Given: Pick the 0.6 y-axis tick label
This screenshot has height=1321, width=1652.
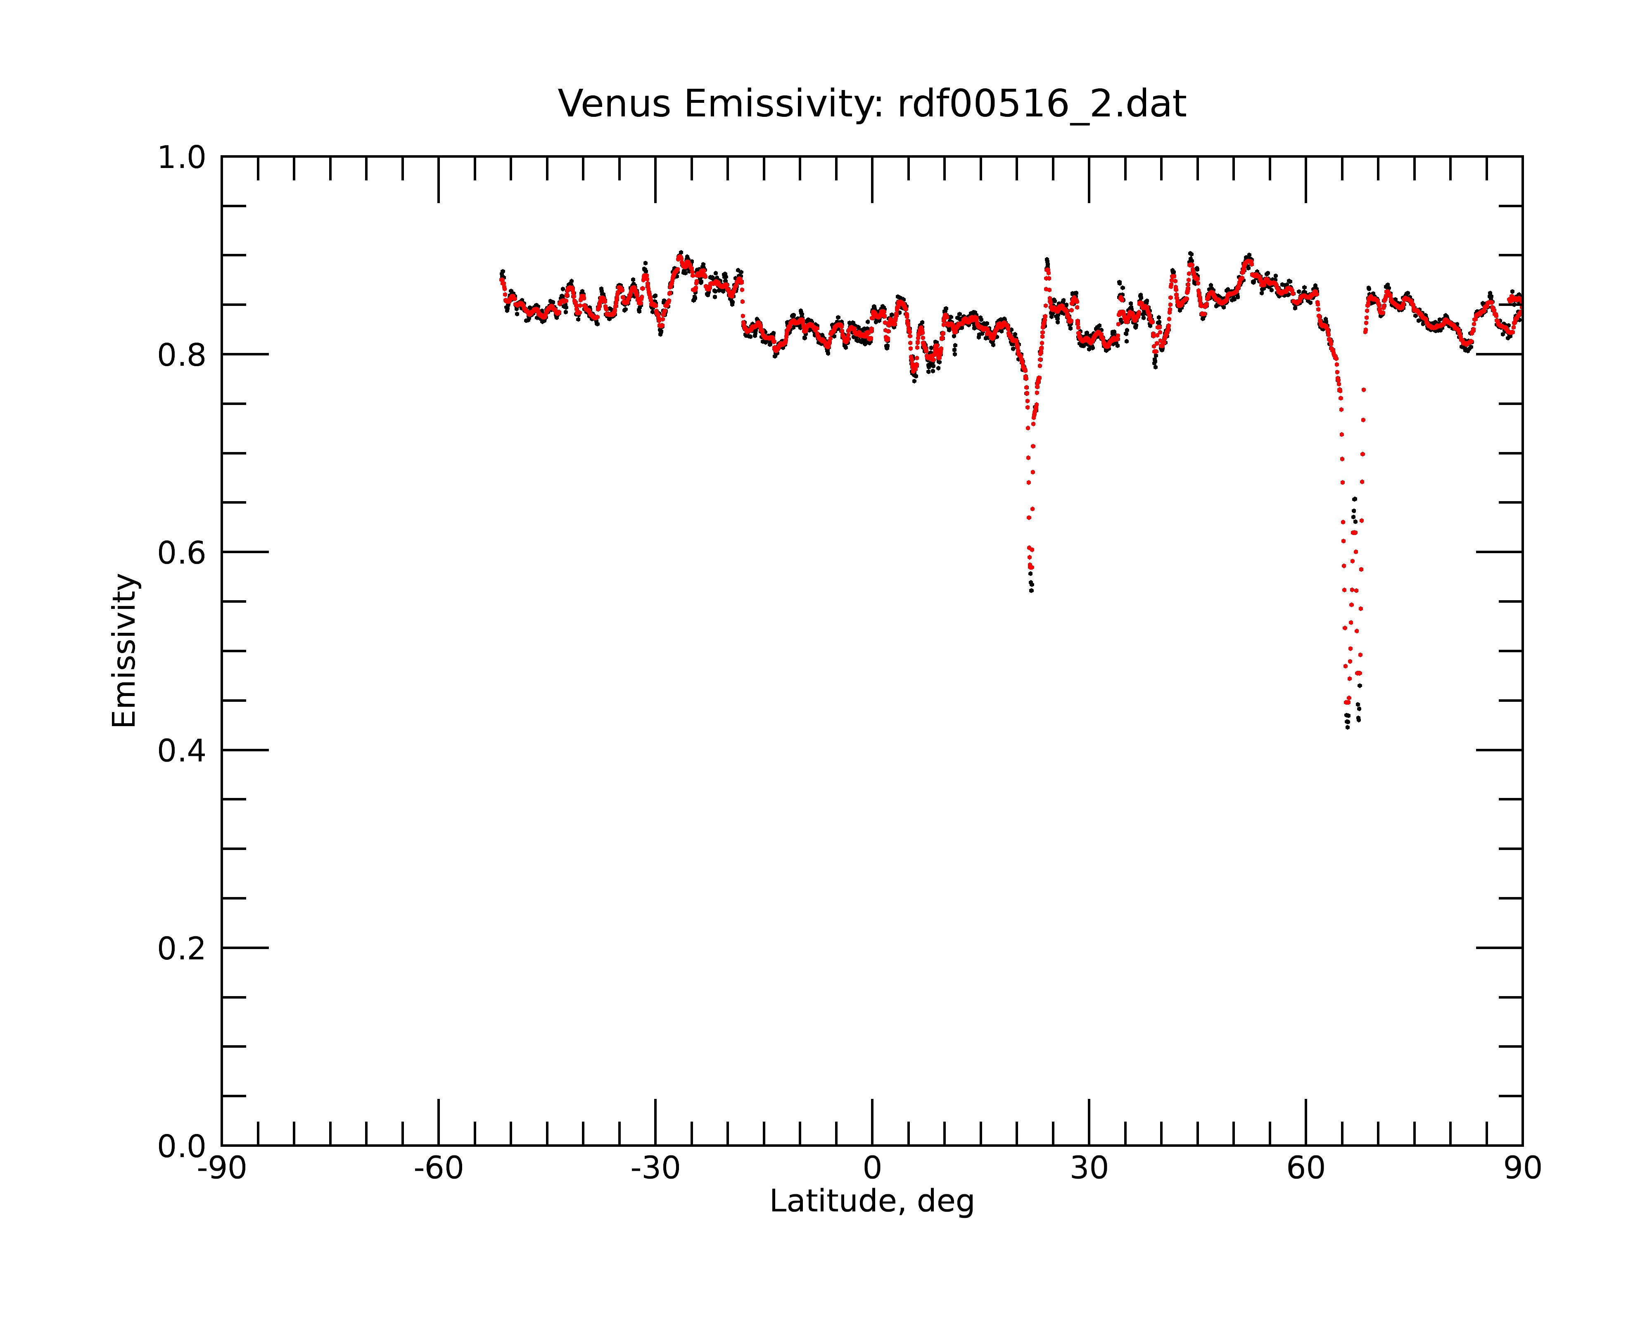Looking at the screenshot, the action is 182,553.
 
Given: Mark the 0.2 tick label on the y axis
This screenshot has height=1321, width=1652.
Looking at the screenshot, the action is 182,949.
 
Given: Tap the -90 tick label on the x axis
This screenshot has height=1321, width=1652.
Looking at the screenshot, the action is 221,1169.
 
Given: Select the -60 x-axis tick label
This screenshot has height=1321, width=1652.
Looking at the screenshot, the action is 438,1169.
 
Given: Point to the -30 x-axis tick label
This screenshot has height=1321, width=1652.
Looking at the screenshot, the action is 655,1169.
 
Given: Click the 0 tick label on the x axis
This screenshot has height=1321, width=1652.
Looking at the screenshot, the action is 872,1169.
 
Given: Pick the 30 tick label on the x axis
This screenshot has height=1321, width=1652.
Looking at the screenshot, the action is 1089,1169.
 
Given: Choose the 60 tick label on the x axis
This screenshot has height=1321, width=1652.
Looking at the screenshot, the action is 1305,1169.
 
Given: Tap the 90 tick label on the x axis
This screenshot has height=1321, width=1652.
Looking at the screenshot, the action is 1522,1169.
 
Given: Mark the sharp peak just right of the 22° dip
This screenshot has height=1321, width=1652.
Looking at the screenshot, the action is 1047,262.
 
